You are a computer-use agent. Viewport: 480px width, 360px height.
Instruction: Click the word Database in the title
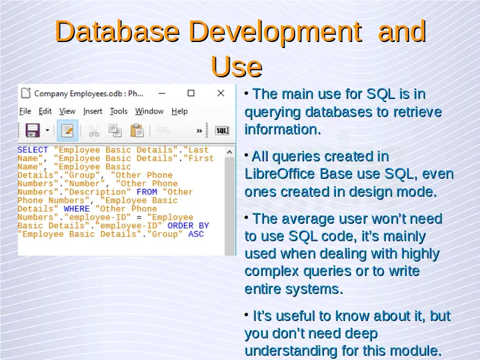pyautogui.click(x=117, y=31)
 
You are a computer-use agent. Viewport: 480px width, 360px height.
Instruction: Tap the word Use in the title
pyautogui.click(x=236, y=66)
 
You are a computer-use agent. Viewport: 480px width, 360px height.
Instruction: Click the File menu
pyautogui.click(x=25, y=111)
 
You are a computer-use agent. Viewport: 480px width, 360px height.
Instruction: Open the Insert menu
pyautogui.click(x=93, y=111)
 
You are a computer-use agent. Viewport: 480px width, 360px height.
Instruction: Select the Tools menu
pyautogui.click(x=118, y=111)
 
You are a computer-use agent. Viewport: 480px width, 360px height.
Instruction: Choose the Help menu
pyautogui.click(x=179, y=111)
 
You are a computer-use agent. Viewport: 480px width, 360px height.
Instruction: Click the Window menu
pyautogui.click(x=149, y=111)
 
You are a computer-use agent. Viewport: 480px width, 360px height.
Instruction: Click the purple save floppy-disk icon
pyautogui.click(x=33, y=130)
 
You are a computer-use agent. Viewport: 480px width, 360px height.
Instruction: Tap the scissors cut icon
pyautogui.click(x=94, y=131)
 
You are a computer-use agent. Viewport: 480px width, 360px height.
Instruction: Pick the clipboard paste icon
pyautogui.click(x=137, y=130)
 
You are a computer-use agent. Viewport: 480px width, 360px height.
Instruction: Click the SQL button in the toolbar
pyautogui.click(x=222, y=131)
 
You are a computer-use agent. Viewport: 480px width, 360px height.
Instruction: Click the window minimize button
pyautogui.click(x=162, y=94)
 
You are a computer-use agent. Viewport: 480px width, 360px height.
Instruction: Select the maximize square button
pyautogui.click(x=191, y=93)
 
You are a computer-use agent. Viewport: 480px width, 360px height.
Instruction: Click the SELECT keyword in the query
pyautogui.click(x=33, y=150)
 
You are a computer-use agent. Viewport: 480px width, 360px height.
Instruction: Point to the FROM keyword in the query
pyautogui.click(x=147, y=192)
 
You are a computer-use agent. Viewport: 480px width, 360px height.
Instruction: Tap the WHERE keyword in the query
pyautogui.click(x=77, y=209)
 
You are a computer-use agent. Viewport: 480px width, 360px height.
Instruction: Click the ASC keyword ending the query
pyautogui.click(x=196, y=234)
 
